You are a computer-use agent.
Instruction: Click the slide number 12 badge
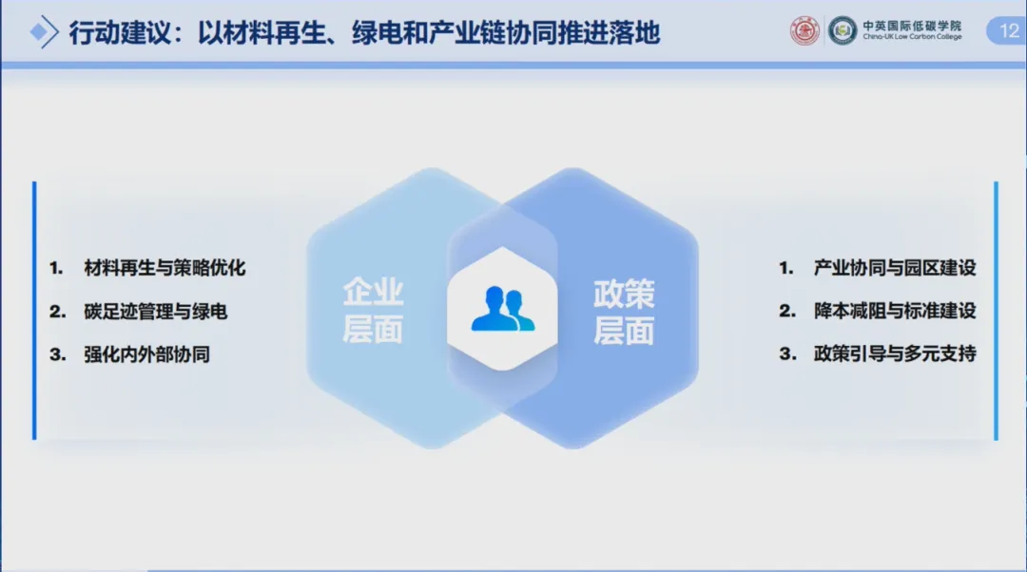(1007, 30)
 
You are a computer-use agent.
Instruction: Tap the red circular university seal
(804, 30)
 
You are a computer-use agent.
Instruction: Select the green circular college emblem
(843, 30)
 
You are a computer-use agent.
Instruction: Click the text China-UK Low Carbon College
(912, 37)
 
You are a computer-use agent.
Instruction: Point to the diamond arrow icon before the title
(44, 31)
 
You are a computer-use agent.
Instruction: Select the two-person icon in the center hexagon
(502, 308)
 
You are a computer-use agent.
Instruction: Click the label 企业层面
(373, 310)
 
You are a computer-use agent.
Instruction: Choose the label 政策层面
(624, 312)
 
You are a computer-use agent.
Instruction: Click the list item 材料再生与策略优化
(165, 268)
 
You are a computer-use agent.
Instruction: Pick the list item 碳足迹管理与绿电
(155, 311)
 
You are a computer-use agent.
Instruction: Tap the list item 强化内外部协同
(146, 354)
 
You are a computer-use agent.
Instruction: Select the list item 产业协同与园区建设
(895, 268)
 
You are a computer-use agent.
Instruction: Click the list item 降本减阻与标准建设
(895, 310)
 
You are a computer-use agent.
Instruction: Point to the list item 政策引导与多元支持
(895, 353)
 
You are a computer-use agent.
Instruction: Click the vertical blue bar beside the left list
(34, 310)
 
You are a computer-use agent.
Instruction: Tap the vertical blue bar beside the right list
(996, 310)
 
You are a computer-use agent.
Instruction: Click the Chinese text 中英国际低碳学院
(912, 26)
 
